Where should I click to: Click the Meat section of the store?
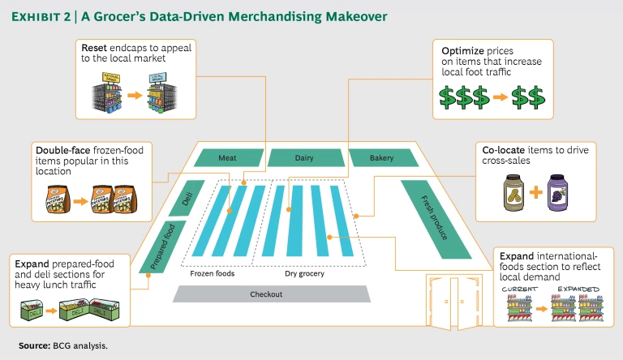(228, 158)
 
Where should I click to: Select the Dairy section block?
(303, 158)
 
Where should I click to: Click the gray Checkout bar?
(265, 294)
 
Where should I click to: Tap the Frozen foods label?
(213, 273)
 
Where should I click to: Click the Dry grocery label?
(304, 273)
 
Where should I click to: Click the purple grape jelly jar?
(559, 194)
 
